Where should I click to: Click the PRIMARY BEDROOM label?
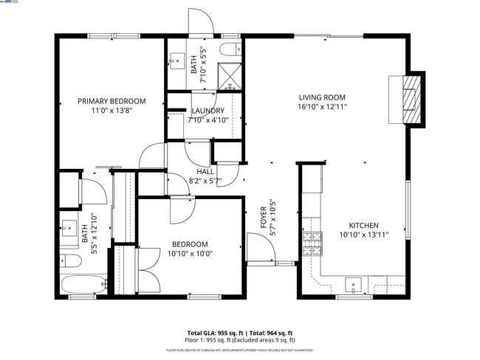pyautogui.click(x=112, y=101)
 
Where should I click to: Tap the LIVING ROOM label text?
pyautogui.click(x=322, y=97)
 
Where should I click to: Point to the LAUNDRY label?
pyautogui.click(x=208, y=111)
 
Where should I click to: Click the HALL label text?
pyautogui.click(x=195, y=171)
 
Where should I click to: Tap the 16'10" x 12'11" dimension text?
pyautogui.click(x=322, y=107)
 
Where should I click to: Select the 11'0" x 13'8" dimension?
pyautogui.click(x=112, y=111)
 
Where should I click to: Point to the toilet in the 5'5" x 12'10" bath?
pyautogui.click(x=69, y=260)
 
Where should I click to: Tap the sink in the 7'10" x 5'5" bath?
pyautogui.click(x=177, y=59)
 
